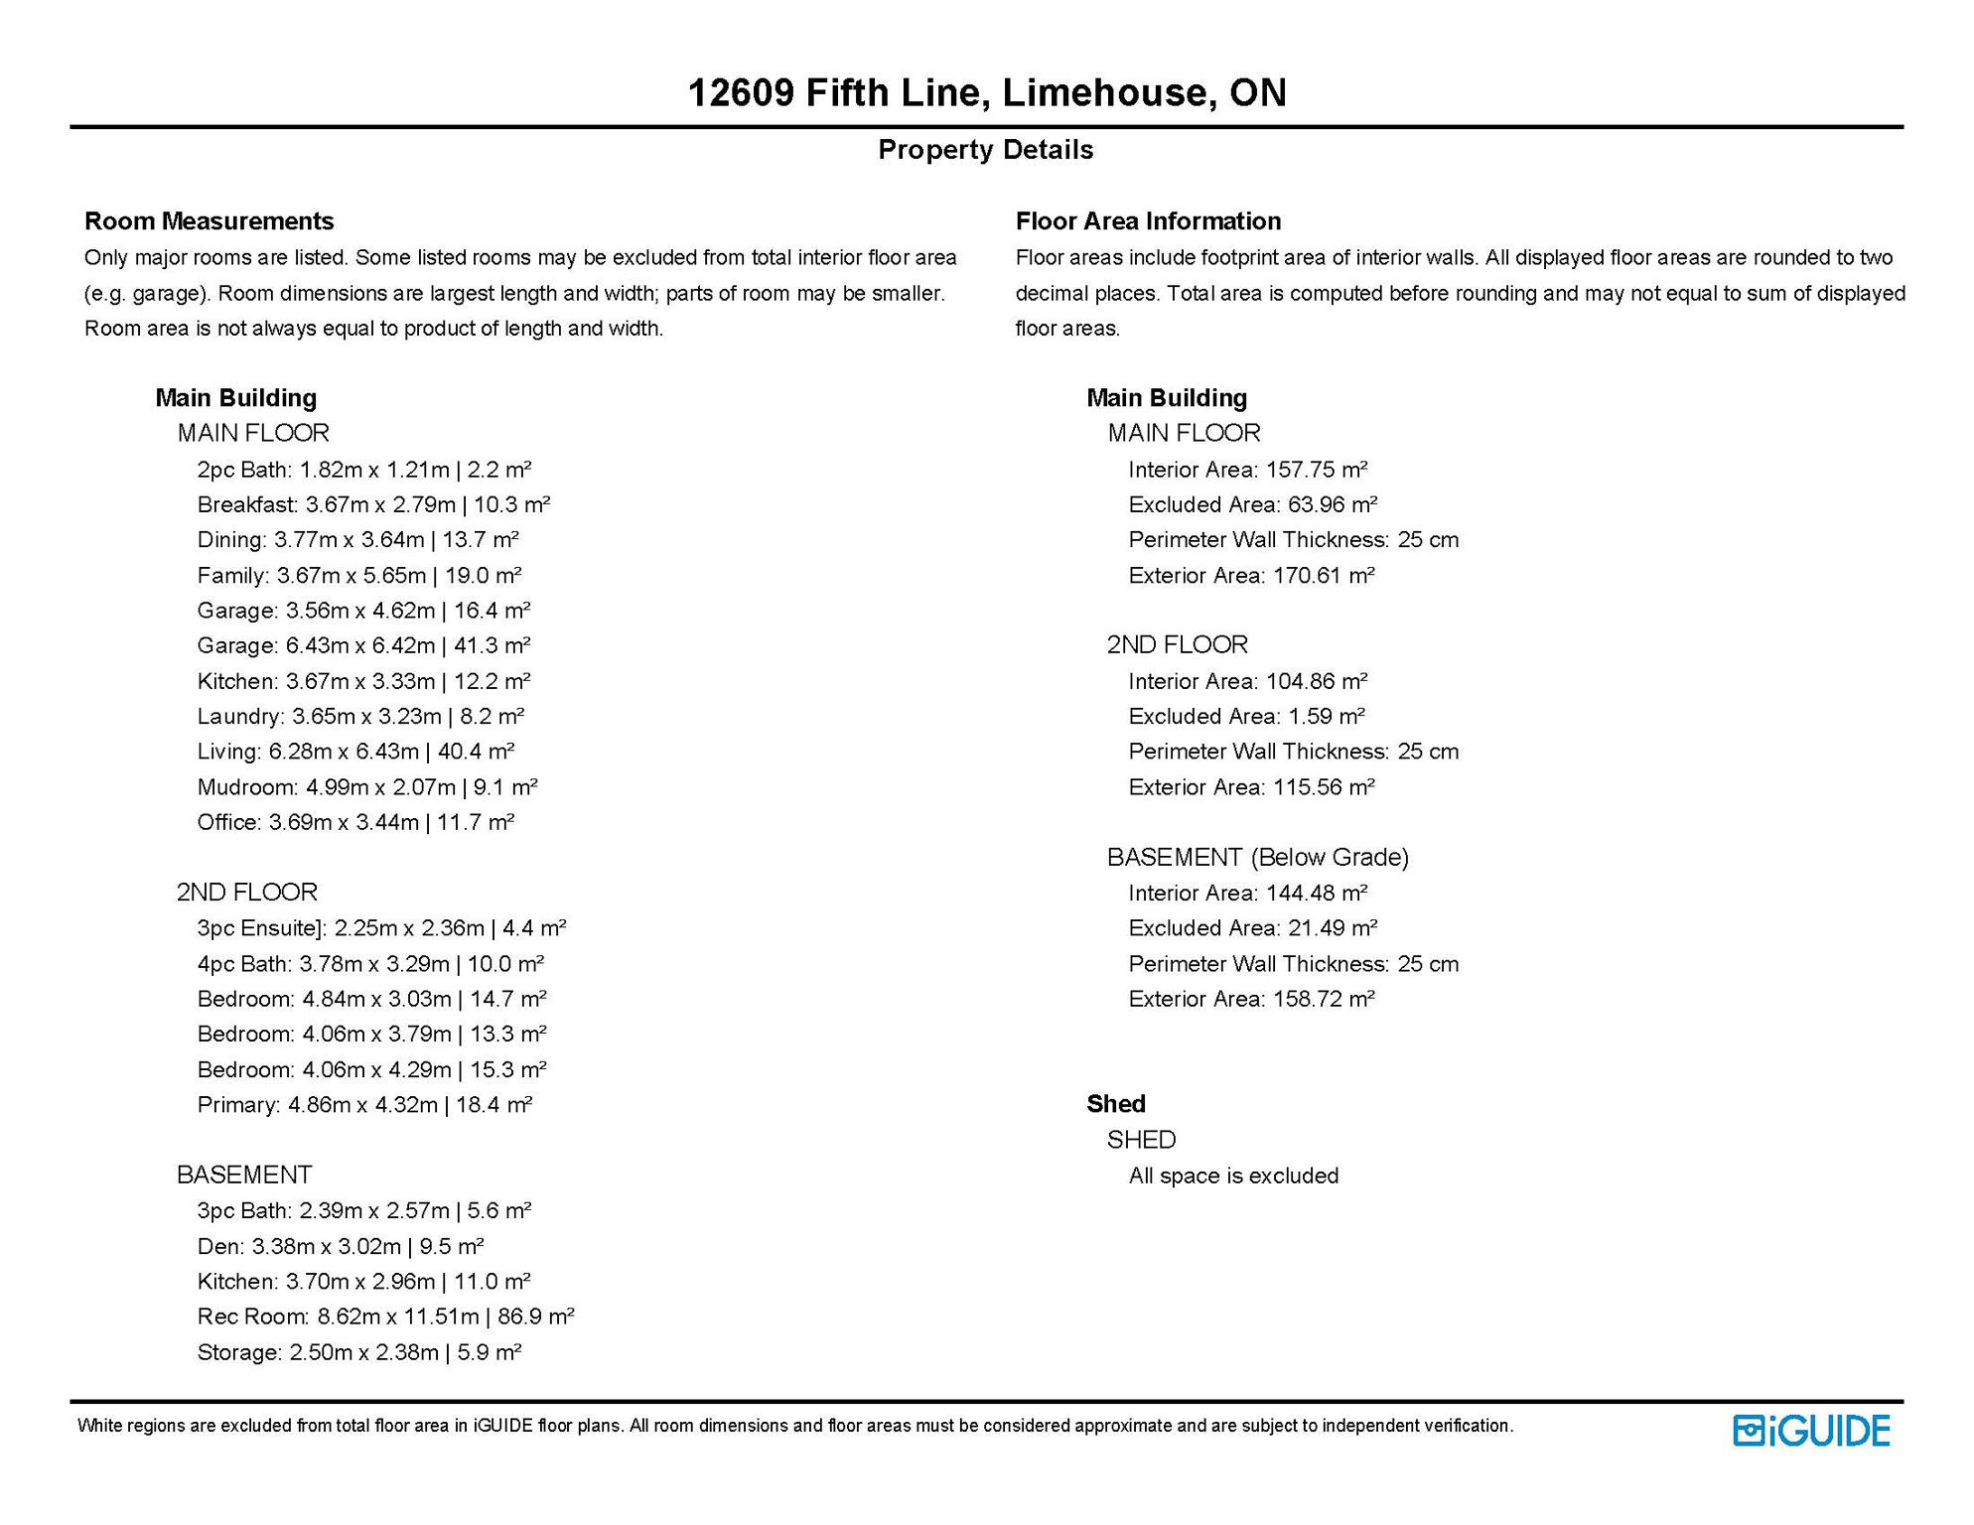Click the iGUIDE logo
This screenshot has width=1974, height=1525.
point(1810,1431)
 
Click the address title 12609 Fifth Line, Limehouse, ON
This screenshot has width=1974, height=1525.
point(986,92)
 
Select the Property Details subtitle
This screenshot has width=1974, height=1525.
point(985,150)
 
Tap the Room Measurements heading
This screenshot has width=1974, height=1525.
point(209,220)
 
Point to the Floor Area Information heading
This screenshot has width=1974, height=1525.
point(1148,220)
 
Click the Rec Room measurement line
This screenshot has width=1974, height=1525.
point(385,1317)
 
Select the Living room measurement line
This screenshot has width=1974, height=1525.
point(355,752)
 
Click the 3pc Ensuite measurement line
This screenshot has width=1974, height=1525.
point(381,928)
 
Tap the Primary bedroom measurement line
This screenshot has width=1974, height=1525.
point(364,1105)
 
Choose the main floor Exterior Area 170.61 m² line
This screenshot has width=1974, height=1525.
point(1251,576)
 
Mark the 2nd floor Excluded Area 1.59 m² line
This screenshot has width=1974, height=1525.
point(1246,717)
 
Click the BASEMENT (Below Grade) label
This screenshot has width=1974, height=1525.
point(1257,857)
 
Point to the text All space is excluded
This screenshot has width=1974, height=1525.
point(1233,1176)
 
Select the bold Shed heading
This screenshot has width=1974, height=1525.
point(1115,1104)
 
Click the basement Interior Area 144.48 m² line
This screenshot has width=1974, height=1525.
point(1247,894)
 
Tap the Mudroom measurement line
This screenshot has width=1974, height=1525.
point(366,787)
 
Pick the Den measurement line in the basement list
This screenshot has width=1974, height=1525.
point(340,1246)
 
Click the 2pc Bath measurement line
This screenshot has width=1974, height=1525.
point(363,470)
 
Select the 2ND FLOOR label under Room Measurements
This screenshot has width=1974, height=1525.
point(246,892)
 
